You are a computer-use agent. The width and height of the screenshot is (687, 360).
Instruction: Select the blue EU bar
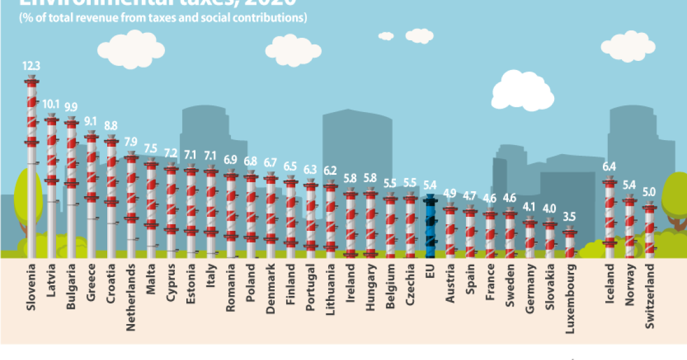[x=429, y=225]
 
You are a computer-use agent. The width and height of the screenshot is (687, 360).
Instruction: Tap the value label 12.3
[x=32, y=66]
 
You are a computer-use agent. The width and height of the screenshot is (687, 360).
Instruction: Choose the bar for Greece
[x=91, y=195]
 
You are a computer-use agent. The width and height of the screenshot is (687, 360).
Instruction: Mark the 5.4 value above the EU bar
[x=429, y=184]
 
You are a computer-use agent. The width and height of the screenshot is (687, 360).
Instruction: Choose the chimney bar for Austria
[x=449, y=231]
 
